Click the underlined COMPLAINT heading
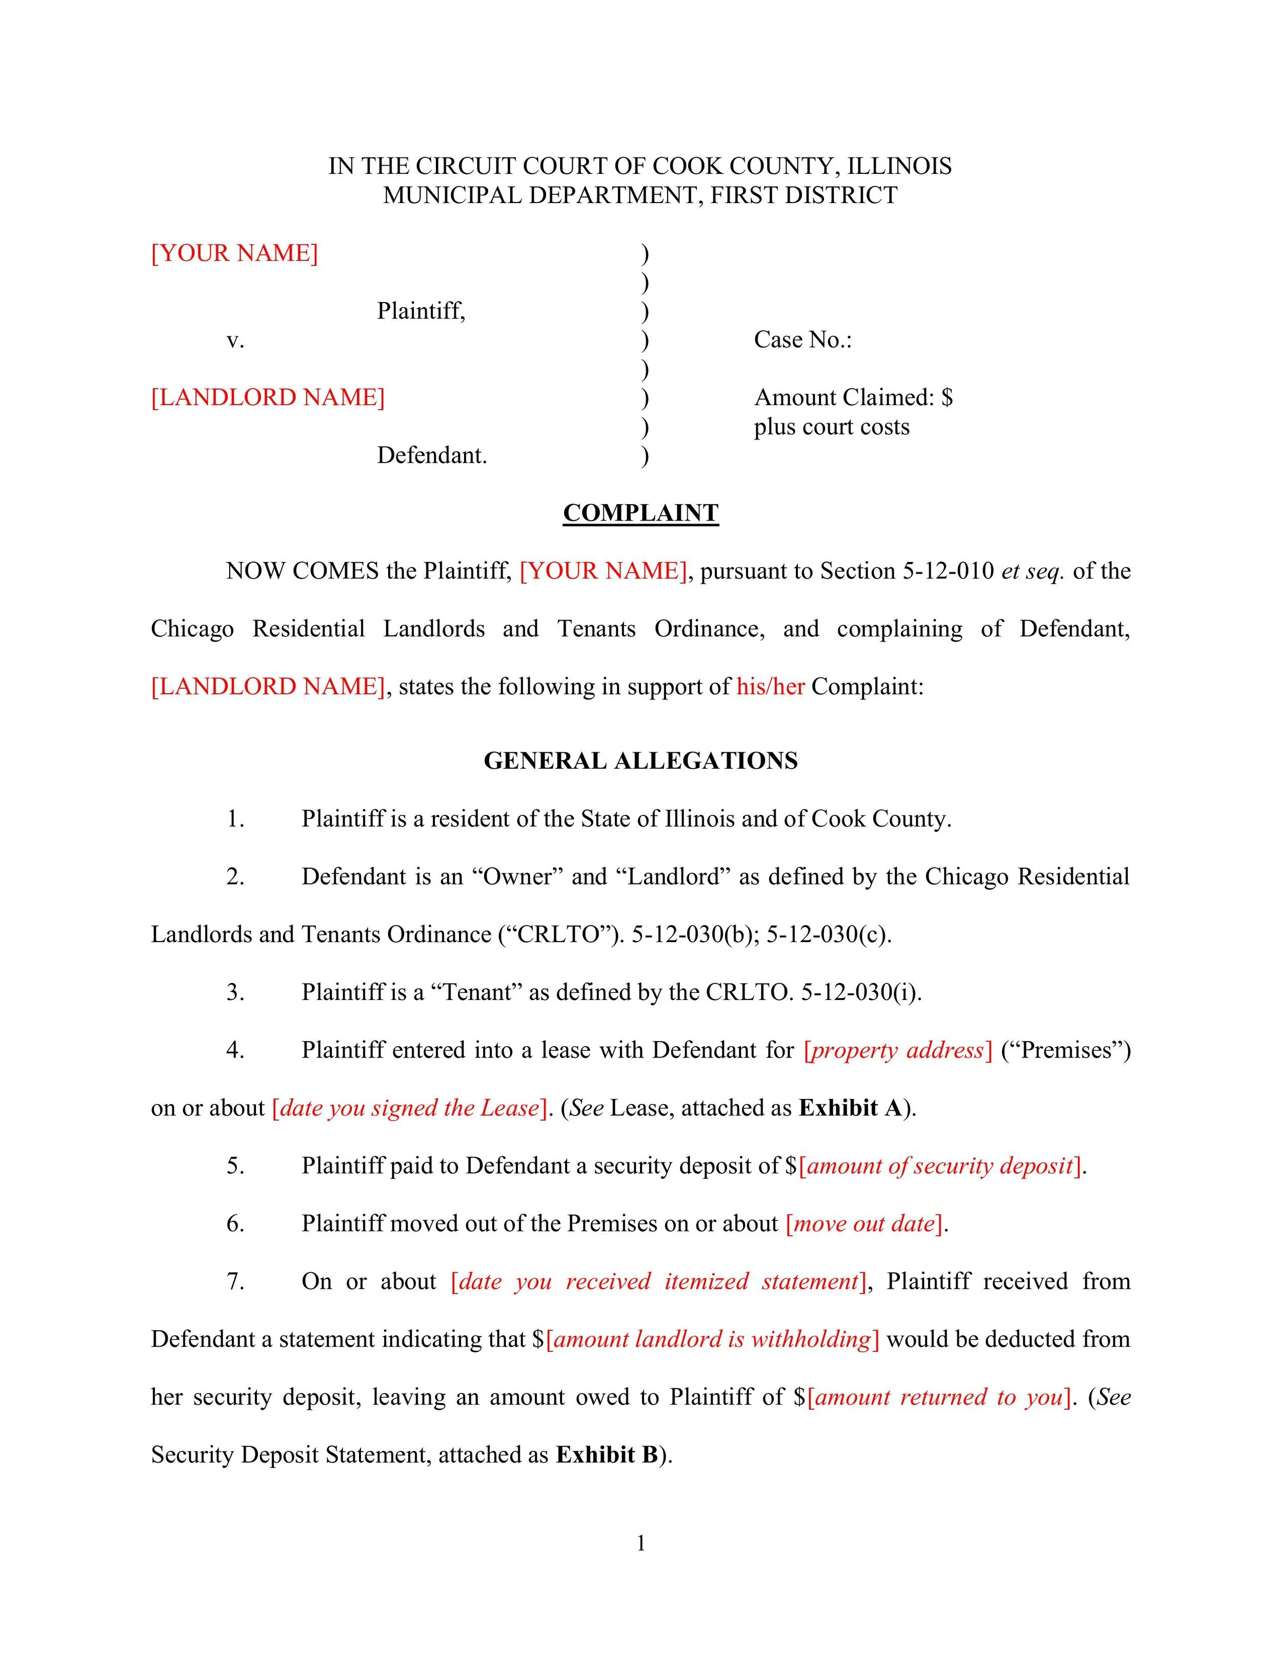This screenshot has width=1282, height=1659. coord(640,513)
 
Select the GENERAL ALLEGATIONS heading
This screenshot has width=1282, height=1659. coord(640,761)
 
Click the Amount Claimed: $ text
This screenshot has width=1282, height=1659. coord(852,397)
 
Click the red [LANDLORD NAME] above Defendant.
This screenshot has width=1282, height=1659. coord(267,397)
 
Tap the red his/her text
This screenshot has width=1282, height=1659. coord(769,687)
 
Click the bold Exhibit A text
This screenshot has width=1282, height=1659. coord(849,1108)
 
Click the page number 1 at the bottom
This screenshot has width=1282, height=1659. coord(640,1544)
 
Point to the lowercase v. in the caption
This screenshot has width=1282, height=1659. coord(235,341)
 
